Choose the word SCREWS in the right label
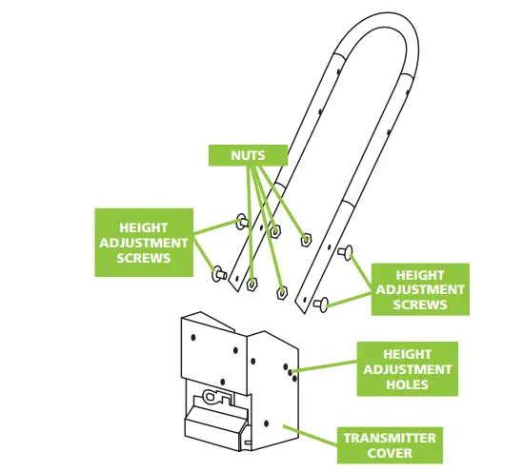[x=420, y=305]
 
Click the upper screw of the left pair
[x=239, y=223]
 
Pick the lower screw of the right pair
[x=321, y=304]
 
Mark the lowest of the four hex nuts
[x=282, y=292]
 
